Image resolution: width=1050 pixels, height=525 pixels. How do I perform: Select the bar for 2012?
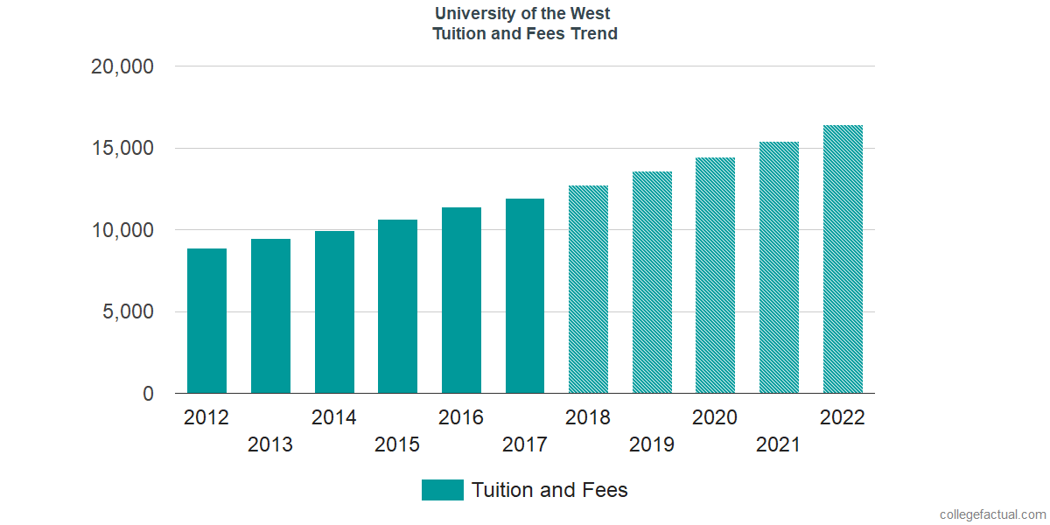(206, 321)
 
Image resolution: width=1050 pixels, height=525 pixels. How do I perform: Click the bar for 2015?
(397, 306)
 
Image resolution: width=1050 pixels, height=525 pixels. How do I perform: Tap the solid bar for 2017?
(525, 296)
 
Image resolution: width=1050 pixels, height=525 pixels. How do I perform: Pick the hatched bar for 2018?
(588, 290)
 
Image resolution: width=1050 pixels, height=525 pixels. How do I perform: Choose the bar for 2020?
(715, 276)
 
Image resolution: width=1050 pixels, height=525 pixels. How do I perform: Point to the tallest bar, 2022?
(843, 259)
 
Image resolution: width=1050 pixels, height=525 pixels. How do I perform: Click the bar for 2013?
(270, 316)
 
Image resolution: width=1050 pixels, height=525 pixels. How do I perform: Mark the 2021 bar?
(779, 268)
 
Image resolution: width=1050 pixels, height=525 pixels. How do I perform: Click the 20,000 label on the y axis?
(122, 66)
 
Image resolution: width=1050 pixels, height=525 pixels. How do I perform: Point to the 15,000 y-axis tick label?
(122, 149)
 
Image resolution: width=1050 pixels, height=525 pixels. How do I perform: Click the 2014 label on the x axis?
(334, 417)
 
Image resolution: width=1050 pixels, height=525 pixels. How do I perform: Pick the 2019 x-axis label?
(652, 444)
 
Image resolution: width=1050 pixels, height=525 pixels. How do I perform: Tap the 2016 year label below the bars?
(461, 417)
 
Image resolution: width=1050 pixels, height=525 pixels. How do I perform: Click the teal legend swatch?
(442, 490)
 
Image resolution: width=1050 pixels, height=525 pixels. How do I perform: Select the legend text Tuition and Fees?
(549, 490)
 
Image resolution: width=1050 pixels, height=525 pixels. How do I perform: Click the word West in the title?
(591, 14)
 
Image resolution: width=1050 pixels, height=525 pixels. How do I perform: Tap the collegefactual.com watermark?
(992, 514)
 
